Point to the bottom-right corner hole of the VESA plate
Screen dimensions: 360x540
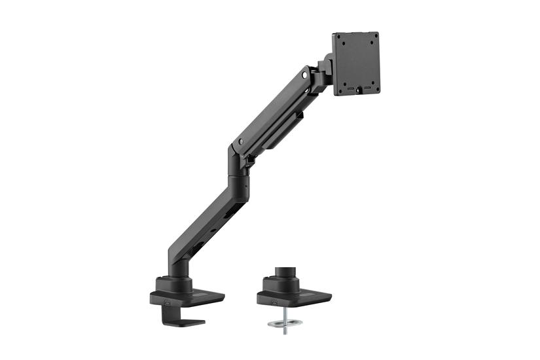click(x=376, y=88)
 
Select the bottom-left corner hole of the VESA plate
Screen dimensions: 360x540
click(x=339, y=90)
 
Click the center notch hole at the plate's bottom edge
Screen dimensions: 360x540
click(x=358, y=92)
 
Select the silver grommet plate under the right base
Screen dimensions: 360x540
click(x=285, y=321)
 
